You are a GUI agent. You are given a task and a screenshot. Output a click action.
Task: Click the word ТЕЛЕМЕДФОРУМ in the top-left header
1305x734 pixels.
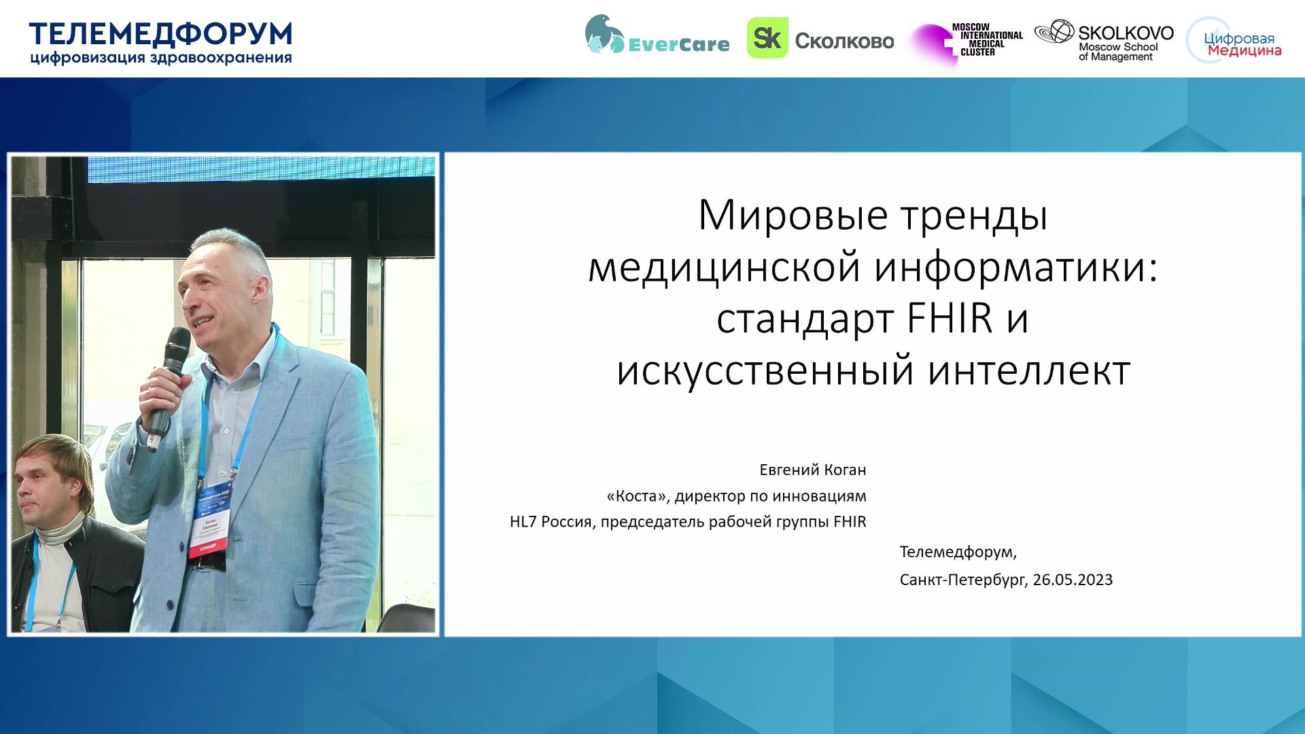pyautogui.click(x=160, y=34)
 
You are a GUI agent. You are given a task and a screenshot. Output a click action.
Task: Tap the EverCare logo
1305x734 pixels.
pyautogui.click(x=657, y=35)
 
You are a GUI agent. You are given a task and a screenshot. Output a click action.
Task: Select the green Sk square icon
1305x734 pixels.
pyautogui.click(x=767, y=38)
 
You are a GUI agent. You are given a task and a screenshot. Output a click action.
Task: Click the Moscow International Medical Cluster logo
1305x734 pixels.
pyautogui.click(x=967, y=42)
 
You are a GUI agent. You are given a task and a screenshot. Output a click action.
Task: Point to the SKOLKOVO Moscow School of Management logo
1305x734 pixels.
pyautogui.click(x=1104, y=41)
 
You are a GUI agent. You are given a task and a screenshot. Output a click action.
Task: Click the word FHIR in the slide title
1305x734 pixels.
pyautogui.click(x=950, y=318)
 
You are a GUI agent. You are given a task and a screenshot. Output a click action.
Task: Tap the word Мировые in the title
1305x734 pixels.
pyautogui.click(x=793, y=216)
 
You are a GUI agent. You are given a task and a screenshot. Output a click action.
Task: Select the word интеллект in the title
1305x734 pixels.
pyautogui.click(x=1029, y=371)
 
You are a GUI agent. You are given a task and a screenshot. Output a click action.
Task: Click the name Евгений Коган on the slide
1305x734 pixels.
pyautogui.click(x=812, y=470)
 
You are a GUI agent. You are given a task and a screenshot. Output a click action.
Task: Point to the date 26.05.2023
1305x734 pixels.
pyautogui.click(x=1073, y=580)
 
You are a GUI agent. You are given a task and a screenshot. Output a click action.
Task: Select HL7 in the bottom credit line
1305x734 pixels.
pyautogui.click(x=523, y=522)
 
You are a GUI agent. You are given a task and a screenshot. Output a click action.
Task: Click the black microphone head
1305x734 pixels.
pyautogui.click(x=177, y=347)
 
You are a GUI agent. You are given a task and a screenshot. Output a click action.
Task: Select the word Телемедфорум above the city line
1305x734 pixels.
pyautogui.click(x=958, y=552)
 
